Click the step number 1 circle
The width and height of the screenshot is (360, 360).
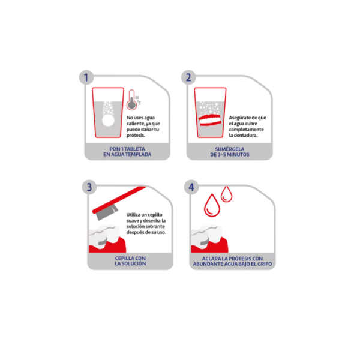86,77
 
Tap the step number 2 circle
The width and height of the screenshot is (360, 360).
188,77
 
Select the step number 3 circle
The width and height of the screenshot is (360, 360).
89,187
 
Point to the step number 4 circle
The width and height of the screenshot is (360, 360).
191,187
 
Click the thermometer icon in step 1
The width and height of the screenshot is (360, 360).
132,100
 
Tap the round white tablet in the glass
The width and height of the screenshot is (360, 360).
108,121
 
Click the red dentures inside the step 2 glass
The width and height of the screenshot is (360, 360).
209,119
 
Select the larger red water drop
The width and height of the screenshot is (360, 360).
212,205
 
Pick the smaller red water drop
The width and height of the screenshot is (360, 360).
226,194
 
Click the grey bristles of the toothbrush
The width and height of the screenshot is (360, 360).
107,212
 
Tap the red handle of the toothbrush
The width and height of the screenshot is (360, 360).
119,200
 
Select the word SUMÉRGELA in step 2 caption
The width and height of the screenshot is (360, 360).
230,149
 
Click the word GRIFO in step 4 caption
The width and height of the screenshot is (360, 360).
265,264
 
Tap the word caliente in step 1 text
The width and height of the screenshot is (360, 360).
136,124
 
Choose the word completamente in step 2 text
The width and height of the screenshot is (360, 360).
246,130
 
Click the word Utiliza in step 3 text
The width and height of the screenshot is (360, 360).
133,215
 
